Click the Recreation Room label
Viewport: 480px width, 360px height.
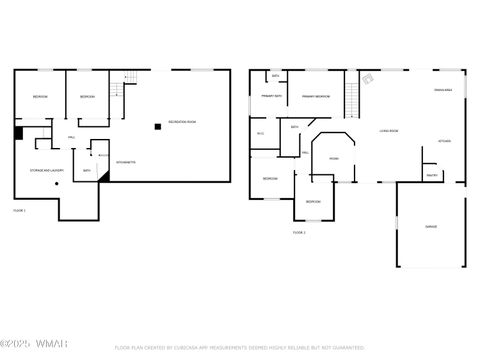click(x=182, y=122)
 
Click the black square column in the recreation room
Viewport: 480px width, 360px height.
click(x=157, y=126)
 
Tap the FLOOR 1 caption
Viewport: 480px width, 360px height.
click(x=19, y=210)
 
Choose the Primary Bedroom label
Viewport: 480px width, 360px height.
click(x=316, y=97)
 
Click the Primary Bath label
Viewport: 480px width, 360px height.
click(x=272, y=97)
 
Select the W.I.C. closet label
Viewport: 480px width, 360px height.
click(x=260, y=133)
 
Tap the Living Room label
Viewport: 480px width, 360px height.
click(x=389, y=131)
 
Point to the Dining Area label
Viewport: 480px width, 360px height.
click(x=444, y=92)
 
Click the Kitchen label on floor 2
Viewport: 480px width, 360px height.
click(x=444, y=141)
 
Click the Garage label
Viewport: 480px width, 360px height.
click(x=431, y=226)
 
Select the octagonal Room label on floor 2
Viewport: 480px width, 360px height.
click(x=333, y=158)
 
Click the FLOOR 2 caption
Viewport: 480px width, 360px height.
click(x=299, y=232)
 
